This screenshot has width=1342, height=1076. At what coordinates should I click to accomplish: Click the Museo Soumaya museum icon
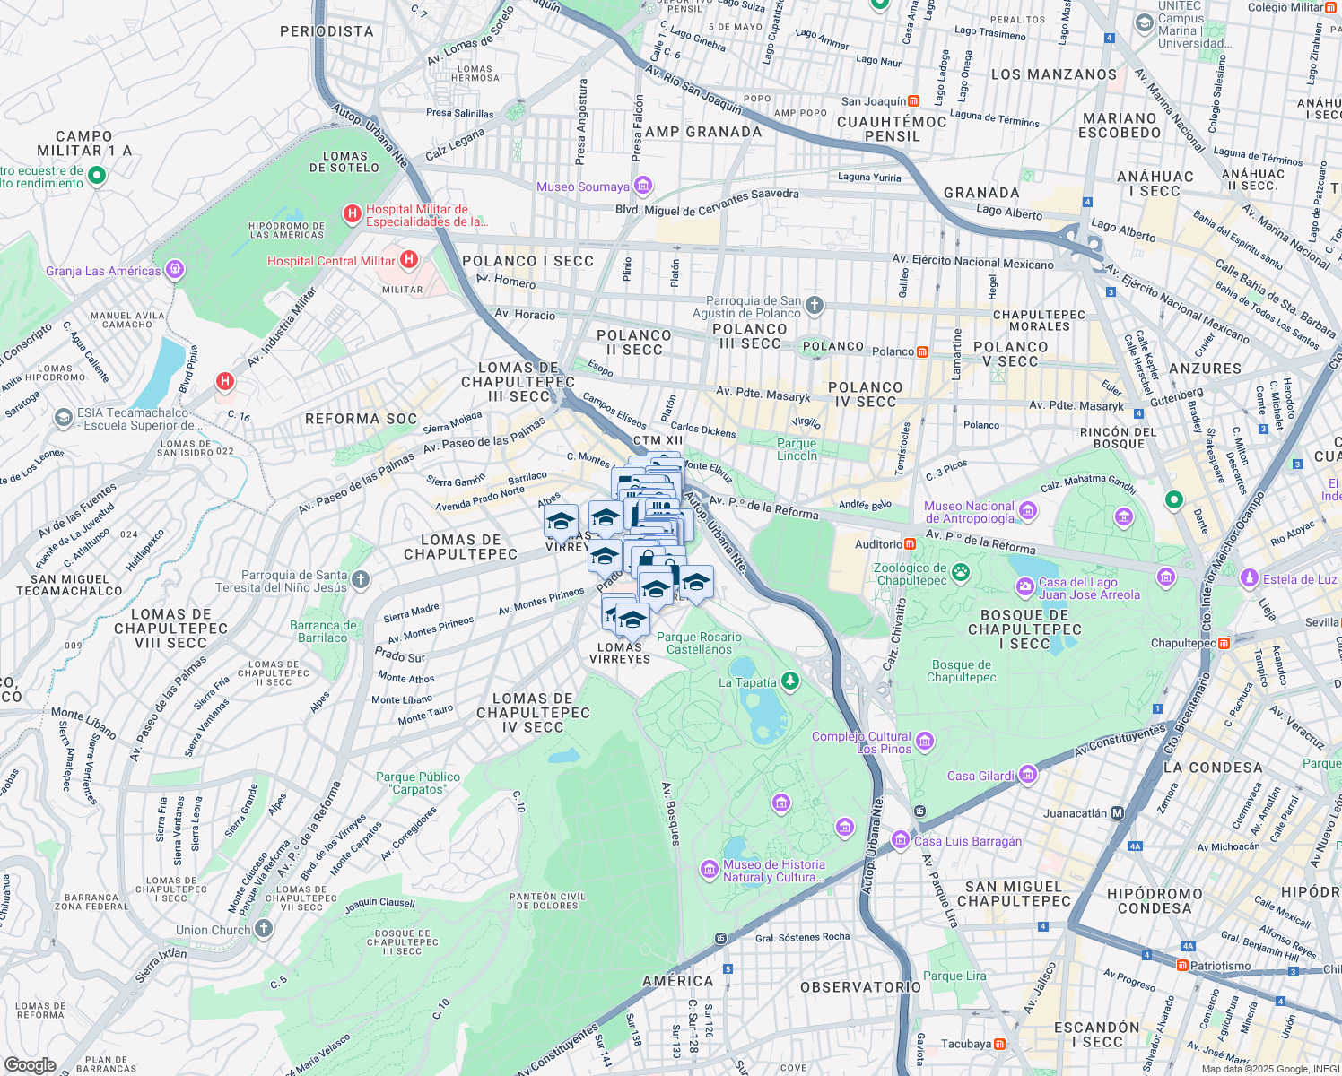pyautogui.click(x=642, y=186)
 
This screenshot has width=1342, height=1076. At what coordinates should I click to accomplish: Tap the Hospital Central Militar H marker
pyautogui.click(x=409, y=260)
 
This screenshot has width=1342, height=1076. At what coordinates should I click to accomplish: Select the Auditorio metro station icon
pyautogui.click(x=910, y=544)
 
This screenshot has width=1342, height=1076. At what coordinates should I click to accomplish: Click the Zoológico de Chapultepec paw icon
pyautogui.click(x=961, y=572)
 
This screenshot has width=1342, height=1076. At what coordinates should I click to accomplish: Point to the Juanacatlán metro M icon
pyautogui.click(x=1117, y=813)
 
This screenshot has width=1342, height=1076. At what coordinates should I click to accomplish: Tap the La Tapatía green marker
pyautogui.click(x=789, y=681)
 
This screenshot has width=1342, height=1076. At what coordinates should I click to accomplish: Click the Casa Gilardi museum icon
pyautogui.click(x=1028, y=774)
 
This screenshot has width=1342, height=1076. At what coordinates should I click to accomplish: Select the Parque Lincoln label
pyautogui.click(x=797, y=449)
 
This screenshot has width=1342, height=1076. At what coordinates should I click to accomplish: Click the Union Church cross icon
pyautogui.click(x=263, y=929)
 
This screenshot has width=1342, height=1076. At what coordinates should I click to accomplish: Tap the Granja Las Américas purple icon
pyautogui.click(x=175, y=269)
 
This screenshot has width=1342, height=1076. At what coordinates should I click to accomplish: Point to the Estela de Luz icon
pyautogui.click(x=1249, y=578)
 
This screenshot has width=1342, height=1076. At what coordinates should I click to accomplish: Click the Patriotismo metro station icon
pyautogui.click(x=1183, y=966)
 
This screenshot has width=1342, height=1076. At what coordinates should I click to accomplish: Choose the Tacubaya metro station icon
pyautogui.click(x=999, y=1044)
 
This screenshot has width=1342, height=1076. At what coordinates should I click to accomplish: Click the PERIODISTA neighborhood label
pyautogui.click(x=327, y=31)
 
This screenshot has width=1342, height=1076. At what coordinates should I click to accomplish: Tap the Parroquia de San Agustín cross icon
pyautogui.click(x=814, y=306)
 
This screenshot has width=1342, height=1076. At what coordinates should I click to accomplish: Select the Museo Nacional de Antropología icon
pyautogui.click(x=1028, y=511)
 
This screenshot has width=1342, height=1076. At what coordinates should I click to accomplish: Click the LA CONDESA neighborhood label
pyautogui.click(x=1212, y=768)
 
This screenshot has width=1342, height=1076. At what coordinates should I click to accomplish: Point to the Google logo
pyautogui.click(x=30, y=1064)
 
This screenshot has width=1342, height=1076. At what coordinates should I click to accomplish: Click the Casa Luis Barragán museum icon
pyautogui.click(x=900, y=839)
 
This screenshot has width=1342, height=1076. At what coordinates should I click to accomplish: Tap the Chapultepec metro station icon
pyautogui.click(x=1224, y=643)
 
